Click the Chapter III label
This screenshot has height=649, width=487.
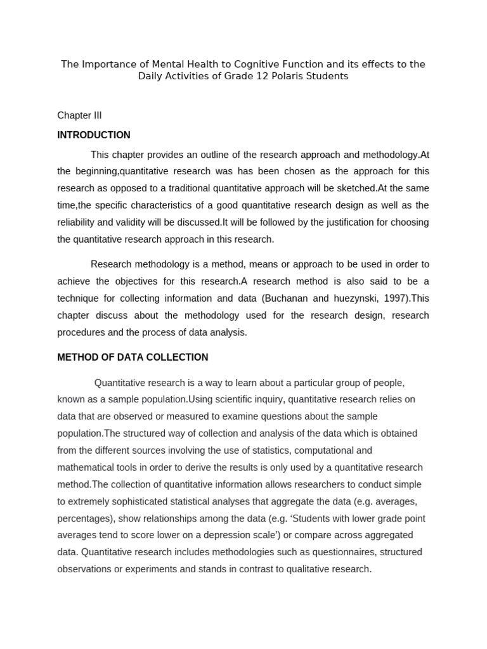click(79, 115)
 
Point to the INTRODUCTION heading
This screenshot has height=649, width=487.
click(94, 135)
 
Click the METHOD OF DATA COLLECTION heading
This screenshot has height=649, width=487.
click(133, 357)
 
